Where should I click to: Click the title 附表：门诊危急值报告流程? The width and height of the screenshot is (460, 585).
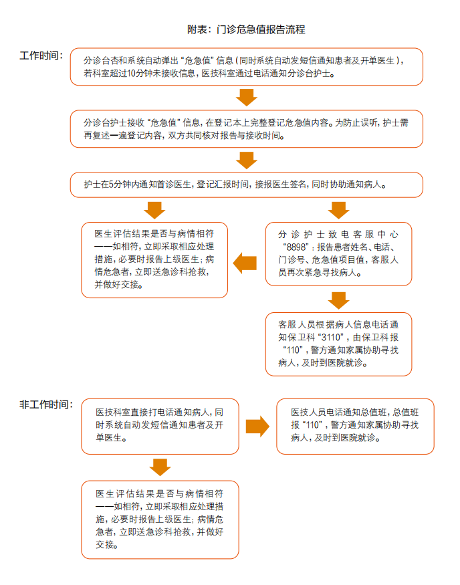pos(246,29)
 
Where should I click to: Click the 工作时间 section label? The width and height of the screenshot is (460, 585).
pos(41,55)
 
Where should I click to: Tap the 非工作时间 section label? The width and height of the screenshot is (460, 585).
pos(46,404)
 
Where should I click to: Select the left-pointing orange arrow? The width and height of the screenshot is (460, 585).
pos(245,263)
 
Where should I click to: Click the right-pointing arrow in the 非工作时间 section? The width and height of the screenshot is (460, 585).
pos(257,426)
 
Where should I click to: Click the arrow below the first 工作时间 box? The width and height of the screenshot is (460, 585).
pos(247,98)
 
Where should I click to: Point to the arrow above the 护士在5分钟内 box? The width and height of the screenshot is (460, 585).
pos(247,160)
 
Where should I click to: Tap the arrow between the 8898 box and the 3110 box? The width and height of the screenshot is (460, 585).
pos(339,301)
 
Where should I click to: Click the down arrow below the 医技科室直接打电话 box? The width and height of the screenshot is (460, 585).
pos(160,467)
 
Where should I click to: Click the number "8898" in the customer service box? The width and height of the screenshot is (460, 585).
pos(296,247)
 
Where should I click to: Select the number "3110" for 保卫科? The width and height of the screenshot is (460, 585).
pos(332,337)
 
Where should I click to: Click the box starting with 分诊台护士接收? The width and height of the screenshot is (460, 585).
pos(247,129)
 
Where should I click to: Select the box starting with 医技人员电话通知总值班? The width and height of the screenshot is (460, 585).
pos(355,427)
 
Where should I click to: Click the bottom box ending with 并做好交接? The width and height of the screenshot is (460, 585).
pos(160,519)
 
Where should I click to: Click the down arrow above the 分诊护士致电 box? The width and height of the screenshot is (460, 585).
pos(339,211)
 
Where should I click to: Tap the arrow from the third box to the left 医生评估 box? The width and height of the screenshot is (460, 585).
pos(154,211)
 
